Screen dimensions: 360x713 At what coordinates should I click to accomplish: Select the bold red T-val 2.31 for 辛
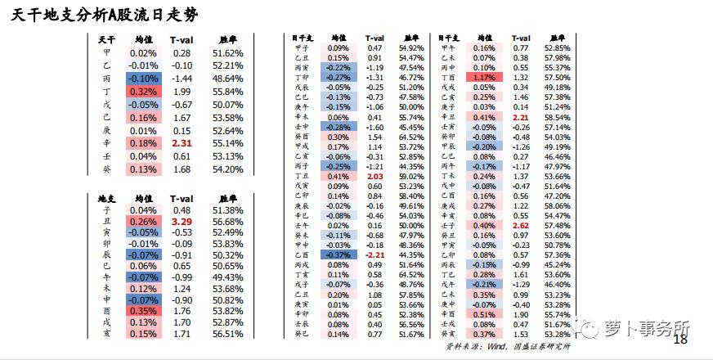point(181,143)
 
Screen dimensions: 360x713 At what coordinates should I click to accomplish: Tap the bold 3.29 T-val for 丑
point(181,222)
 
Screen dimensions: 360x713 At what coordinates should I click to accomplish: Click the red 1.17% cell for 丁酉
point(484,77)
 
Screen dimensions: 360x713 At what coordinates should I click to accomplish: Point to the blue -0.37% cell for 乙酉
point(338,254)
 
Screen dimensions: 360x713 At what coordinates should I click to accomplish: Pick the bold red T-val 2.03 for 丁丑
point(374,176)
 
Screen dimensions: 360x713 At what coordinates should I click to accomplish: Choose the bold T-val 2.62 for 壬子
point(521,225)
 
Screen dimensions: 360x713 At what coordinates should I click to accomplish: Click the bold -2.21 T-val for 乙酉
point(374,254)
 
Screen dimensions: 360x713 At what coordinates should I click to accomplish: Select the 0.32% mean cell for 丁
point(143,92)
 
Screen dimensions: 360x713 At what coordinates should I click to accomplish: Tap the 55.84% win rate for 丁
point(227,92)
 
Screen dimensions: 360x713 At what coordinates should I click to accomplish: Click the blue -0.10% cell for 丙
point(143,79)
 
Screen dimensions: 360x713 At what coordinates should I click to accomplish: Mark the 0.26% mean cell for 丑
point(143,222)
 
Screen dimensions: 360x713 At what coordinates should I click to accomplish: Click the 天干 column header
point(105,39)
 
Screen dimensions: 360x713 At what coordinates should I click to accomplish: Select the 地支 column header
point(105,197)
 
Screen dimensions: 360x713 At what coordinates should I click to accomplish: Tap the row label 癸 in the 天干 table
point(106,169)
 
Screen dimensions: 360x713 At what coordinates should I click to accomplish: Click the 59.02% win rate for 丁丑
point(410,176)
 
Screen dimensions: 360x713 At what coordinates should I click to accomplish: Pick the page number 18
point(679,340)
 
